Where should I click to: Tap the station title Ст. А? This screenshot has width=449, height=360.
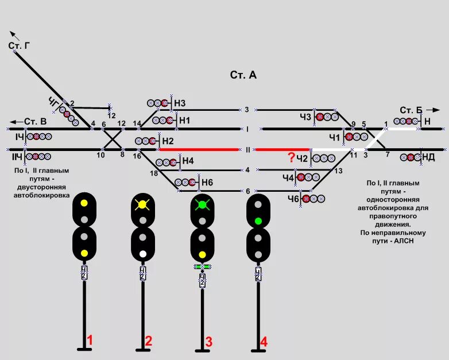[243, 75]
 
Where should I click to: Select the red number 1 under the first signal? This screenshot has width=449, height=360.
[89, 340]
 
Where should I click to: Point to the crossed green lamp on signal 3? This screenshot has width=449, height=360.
[202, 204]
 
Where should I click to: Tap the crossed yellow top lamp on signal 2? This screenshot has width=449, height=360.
[143, 204]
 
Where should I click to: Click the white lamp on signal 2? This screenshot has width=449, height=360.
[143, 253]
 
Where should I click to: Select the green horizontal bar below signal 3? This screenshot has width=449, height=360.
[202, 267]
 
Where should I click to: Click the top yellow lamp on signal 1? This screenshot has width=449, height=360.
[84, 203]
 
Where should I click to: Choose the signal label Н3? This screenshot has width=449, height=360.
[180, 103]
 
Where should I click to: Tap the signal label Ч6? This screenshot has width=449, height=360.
[293, 199]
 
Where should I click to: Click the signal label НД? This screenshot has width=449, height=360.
[428, 157]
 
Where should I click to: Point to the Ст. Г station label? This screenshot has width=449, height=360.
[19, 46]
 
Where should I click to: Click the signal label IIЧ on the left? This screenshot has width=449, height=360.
[18, 156]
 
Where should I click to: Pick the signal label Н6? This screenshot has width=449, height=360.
[207, 182]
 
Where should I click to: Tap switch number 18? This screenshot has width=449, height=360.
[153, 173]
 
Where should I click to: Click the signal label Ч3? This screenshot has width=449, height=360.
[305, 117]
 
